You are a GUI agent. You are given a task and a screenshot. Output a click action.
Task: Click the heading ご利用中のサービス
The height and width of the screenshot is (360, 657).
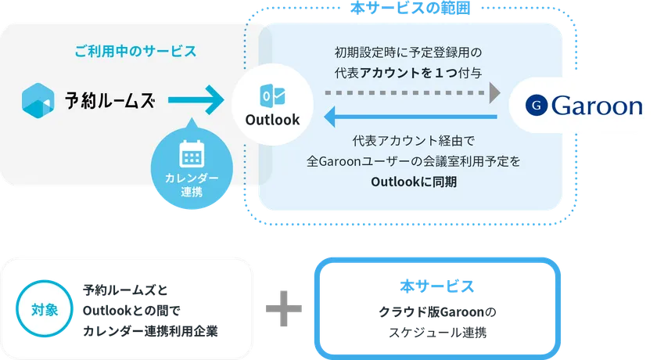tap(135, 52)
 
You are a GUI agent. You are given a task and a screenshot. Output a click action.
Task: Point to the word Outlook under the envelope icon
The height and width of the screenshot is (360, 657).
tap(272, 120)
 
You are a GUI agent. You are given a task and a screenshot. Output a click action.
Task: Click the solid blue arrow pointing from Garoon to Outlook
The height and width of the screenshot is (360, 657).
tap(411, 118)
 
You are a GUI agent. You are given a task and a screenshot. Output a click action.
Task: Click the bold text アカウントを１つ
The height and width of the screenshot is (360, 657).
tap(411, 72)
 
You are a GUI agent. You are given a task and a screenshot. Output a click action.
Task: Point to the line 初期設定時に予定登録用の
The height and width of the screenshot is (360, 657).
tap(407, 52)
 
